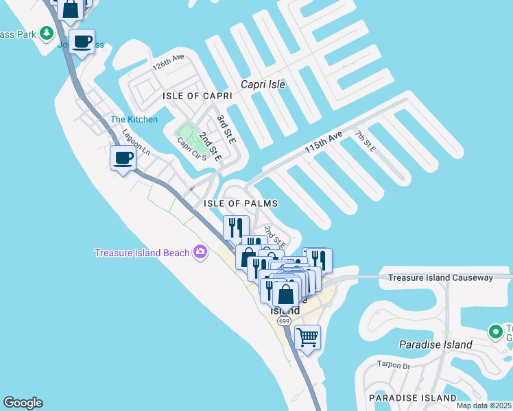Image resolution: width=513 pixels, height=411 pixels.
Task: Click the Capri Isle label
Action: (263, 85)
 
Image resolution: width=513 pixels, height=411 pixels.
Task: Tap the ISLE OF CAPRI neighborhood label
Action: (198, 97)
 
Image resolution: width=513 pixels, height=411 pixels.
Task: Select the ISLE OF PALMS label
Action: (241, 203)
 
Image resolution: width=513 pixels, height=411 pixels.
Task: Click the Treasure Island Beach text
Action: (142, 253)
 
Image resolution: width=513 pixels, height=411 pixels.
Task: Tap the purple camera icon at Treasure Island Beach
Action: (200, 252)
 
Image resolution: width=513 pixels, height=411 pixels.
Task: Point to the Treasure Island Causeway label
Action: (440, 277)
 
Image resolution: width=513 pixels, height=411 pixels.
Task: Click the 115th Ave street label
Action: (323, 143)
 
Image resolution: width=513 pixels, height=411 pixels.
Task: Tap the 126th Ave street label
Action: (169, 64)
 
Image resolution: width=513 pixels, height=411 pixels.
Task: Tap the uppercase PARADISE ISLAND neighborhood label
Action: (413, 397)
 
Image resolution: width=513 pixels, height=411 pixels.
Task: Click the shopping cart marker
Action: (308, 337)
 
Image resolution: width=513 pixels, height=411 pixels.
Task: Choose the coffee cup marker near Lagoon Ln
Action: (123, 158)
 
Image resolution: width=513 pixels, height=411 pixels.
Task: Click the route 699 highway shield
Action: (284, 321)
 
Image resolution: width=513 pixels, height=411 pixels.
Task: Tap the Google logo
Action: (23, 403)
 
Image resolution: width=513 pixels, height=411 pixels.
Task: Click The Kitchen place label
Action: (134, 119)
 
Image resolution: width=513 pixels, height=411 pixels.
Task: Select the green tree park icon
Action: (47, 32)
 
